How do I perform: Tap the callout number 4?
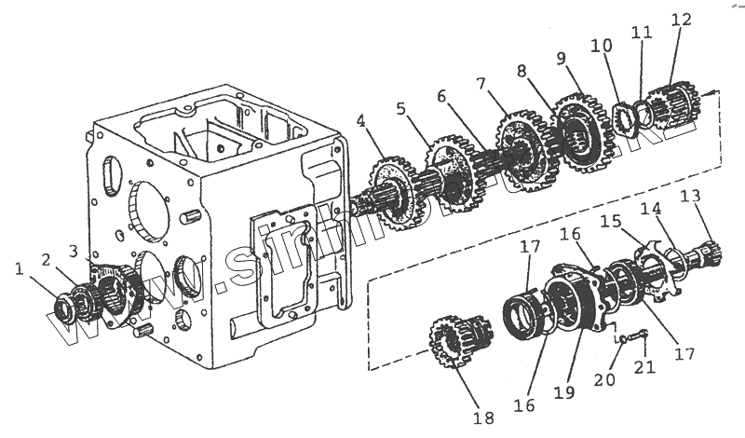[x=360, y=120]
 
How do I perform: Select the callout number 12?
[x=680, y=19]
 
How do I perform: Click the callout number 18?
[x=482, y=418]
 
